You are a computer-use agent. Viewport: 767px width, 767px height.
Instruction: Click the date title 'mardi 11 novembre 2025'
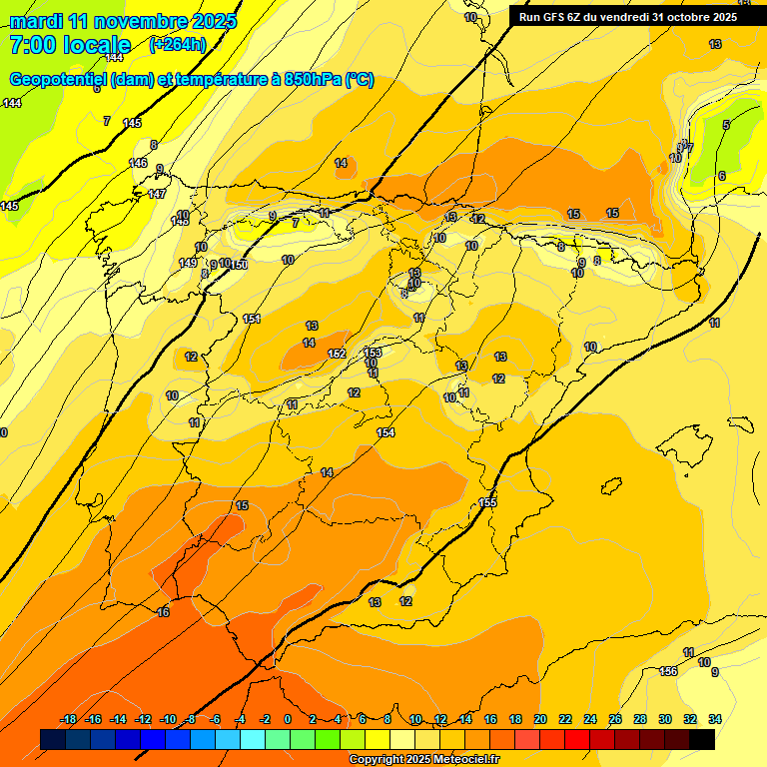pos(123,21)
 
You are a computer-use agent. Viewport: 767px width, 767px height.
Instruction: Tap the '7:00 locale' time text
pos(70,45)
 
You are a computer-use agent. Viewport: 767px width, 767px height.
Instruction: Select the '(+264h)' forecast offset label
pos(178,44)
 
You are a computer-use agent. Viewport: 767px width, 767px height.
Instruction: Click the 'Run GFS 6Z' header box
pos(627,16)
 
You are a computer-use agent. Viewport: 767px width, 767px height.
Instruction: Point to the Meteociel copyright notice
pos(423,760)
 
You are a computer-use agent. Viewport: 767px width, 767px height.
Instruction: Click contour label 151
pos(252,319)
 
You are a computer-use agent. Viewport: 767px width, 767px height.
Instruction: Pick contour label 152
pos(337,354)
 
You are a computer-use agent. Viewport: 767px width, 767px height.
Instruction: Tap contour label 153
pos(373,353)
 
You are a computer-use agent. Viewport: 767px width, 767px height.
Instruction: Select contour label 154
pos(385,432)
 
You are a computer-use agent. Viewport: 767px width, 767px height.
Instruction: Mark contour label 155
pos(487,502)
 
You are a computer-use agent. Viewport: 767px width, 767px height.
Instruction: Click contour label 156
pos(668,671)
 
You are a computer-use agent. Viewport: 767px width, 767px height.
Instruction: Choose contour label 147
pos(157,194)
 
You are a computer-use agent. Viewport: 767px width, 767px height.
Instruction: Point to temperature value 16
pos(163,612)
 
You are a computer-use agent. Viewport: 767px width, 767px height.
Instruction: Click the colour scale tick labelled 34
pos(715,719)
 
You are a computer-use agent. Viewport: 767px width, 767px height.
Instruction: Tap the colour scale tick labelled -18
pos(69,719)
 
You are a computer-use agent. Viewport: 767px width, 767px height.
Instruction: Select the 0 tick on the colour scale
pos(288,719)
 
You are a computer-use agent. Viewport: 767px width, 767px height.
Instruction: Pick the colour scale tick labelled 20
pos(540,719)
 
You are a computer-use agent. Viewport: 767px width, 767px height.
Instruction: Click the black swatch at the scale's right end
pos(702,739)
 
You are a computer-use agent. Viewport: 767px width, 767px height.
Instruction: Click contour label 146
pos(138,163)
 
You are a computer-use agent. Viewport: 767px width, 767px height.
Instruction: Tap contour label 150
pos(239,265)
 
